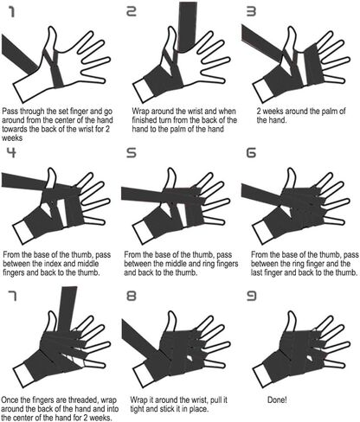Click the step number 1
12,12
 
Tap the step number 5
132,153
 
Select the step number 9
251,296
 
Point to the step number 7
12,296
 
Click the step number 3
251,12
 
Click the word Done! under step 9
277,400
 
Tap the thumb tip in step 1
52,29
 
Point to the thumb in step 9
292,322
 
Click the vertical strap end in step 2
188,26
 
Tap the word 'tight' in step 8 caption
138,409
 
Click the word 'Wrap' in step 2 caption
141,112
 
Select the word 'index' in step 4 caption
52,264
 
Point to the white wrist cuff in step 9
263,375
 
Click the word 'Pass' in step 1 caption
10,112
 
